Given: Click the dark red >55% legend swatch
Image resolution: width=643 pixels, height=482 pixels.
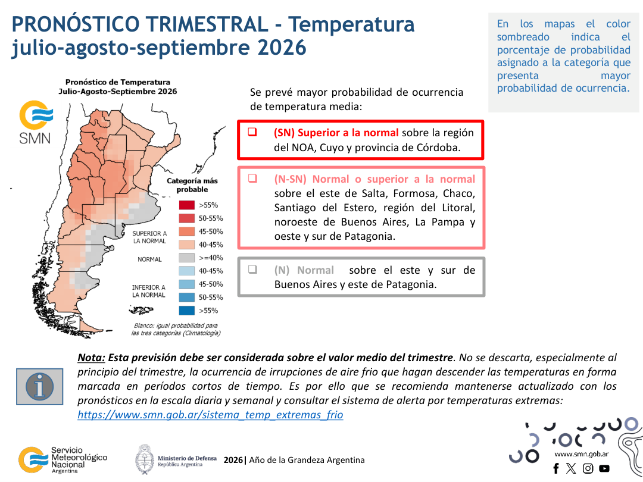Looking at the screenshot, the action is click(186, 205).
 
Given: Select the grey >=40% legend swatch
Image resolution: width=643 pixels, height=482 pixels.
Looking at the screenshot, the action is click(186, 258).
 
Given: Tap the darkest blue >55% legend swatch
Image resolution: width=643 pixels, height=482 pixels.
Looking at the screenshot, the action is click(186, 310).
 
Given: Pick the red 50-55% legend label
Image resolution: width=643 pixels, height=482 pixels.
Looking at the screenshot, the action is click(211, 218).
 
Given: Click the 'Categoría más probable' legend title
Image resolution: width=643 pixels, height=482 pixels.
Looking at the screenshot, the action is click(192, 185).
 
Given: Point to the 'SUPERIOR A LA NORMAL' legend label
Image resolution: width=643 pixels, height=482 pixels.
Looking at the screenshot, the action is click(149, 237).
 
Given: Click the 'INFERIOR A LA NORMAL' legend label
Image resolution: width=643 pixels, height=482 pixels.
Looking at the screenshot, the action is click(148, 291).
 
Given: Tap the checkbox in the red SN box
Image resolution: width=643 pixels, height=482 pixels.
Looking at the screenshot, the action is click(252, 132).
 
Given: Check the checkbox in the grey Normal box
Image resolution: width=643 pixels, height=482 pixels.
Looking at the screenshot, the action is click(252, 270).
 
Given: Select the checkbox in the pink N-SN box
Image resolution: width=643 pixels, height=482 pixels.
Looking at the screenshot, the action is click(252, 179).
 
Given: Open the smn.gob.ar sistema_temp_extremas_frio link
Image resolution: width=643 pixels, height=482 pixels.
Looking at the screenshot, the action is click(210, 415).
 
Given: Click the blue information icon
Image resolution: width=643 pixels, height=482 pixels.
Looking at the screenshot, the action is click(40, 387).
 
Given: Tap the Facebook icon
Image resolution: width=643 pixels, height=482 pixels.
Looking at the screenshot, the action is click(556, 468).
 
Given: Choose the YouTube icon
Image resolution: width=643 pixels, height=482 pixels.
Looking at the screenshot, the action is click(604, 468).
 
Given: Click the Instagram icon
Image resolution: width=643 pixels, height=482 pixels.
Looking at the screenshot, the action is click(588, 468).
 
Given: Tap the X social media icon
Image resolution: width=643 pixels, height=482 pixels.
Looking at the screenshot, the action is click(571, 468).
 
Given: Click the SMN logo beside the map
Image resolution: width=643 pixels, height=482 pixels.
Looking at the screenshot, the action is click(36, 122).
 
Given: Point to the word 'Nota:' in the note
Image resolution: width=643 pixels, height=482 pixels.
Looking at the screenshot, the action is click(92, 358).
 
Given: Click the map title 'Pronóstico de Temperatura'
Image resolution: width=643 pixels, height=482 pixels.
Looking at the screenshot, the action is click(118, 82).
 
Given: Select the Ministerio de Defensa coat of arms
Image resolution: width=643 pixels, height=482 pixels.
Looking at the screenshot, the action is click(145, 460).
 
